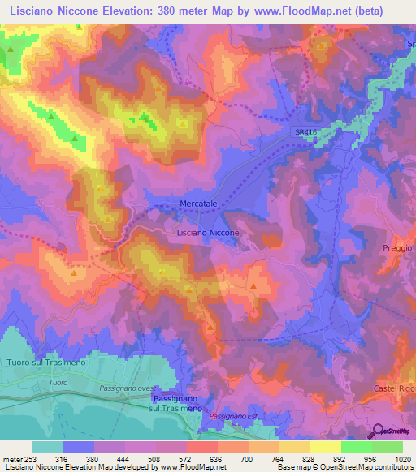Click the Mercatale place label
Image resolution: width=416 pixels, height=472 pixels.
[199, 204]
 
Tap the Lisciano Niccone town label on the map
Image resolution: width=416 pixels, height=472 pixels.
[208, 233]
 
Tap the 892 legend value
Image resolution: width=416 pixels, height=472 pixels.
[327, 458]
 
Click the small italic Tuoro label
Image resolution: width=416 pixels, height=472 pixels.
[57, 382]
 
